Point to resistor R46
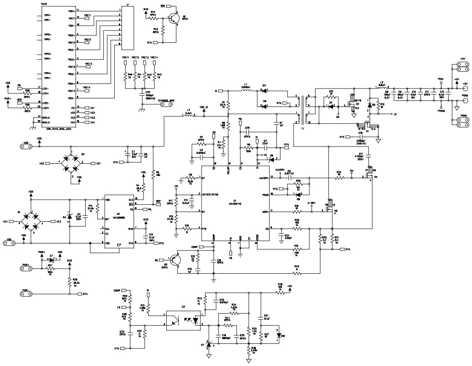297,274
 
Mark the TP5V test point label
441,78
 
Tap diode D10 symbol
277,335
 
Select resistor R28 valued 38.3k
70,283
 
